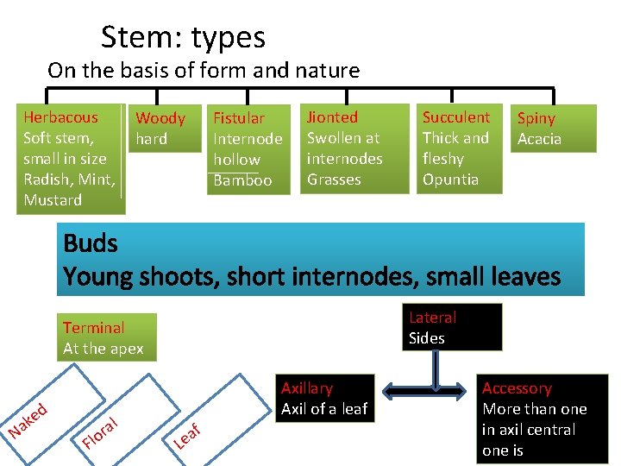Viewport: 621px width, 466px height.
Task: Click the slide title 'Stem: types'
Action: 183,37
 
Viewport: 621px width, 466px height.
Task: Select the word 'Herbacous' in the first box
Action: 60,117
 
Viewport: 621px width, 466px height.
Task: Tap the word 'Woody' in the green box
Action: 160,118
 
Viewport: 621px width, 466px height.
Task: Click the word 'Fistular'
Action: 239,118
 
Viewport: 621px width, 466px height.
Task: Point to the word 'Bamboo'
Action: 242,180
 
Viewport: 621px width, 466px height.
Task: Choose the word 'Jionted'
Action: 332,117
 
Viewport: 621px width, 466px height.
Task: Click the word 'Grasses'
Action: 334,179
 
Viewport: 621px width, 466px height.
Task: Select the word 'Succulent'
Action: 455,117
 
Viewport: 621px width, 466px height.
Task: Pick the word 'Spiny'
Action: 536,118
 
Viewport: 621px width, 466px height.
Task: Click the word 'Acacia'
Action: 539,139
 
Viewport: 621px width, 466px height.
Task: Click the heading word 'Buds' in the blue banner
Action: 91,243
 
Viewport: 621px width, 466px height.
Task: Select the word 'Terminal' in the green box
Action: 93,328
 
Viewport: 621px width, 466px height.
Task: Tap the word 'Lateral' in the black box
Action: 432,318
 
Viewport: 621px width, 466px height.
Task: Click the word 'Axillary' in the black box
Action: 307,388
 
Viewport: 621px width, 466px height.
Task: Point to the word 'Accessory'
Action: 517,388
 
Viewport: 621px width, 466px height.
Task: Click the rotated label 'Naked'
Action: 28,418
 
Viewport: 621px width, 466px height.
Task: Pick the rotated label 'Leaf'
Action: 188,436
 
